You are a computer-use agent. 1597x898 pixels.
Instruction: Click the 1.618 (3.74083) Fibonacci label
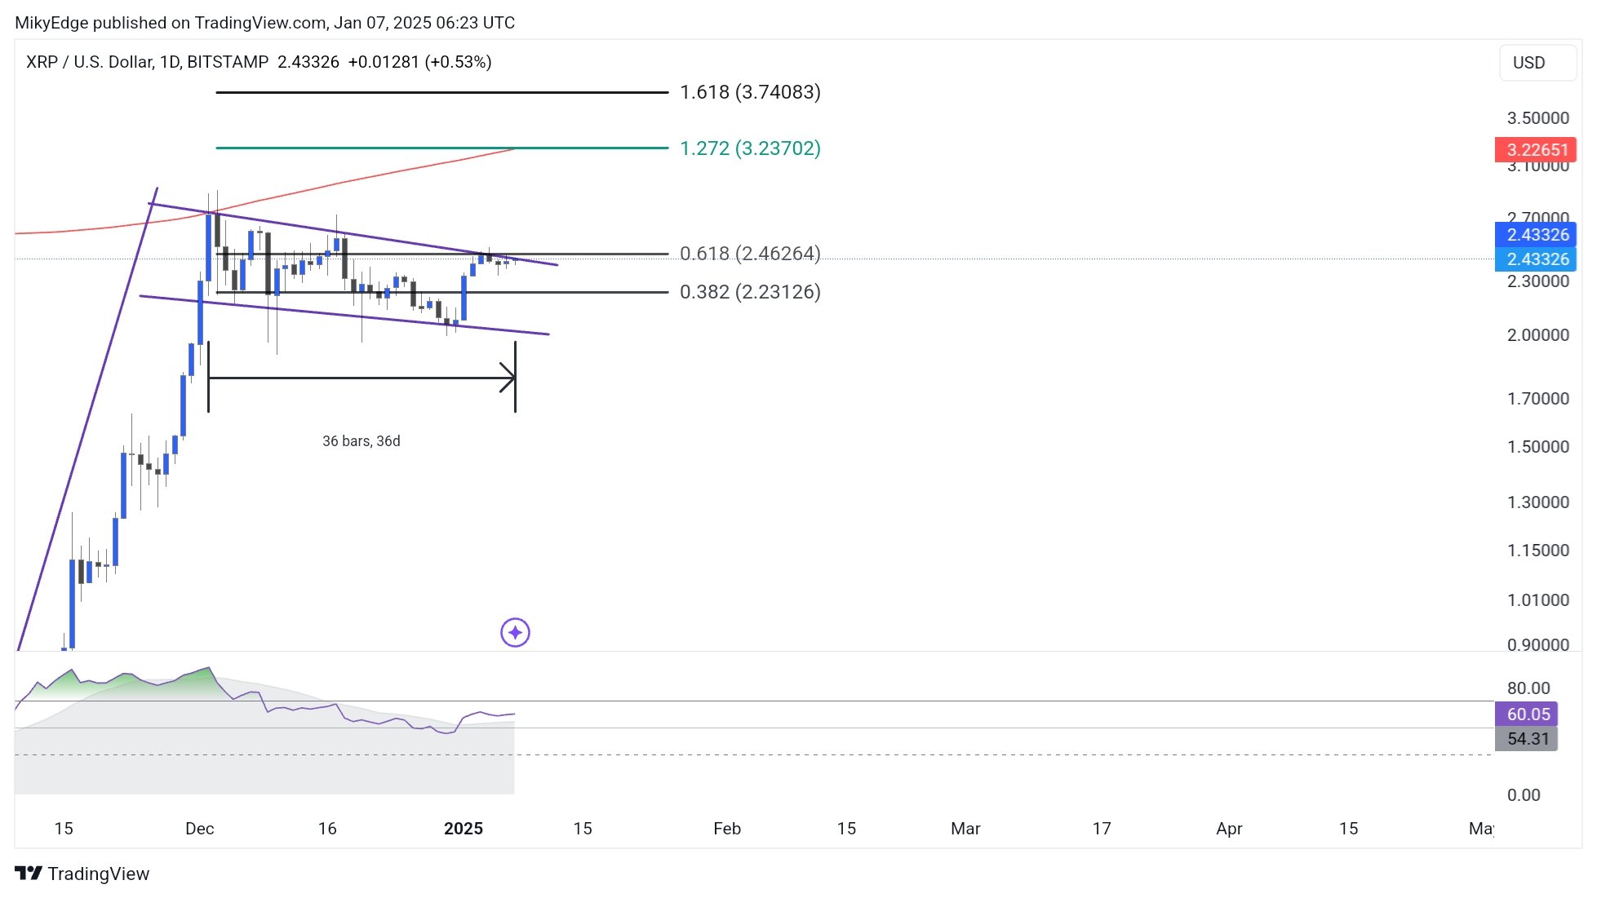click(750, 92)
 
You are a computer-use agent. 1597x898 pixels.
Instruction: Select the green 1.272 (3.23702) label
click(750, 148)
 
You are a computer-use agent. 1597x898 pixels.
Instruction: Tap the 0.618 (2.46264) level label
click(750, 254)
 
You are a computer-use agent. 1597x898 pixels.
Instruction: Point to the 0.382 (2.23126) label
click(750, 292)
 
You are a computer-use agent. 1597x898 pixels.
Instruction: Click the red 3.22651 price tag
click(1536, 150)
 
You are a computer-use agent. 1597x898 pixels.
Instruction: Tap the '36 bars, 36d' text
click(361, 441)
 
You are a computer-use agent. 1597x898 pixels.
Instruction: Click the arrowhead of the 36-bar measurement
click(510, 378)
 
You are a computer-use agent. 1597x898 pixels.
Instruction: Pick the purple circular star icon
click(515, 633)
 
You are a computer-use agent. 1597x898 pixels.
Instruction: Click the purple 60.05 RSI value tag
click(1527, 714)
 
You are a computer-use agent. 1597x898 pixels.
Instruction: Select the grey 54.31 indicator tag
click(1527, 739)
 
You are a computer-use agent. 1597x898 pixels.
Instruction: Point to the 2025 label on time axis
click(463, 829)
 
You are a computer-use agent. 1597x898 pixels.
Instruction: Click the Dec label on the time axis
click(199, 829)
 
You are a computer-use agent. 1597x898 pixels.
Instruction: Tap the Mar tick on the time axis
click(965, 829)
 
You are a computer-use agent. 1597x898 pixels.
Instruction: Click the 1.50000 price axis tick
click(1537, 447)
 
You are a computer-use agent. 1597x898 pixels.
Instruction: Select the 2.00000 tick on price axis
click(1537, 335)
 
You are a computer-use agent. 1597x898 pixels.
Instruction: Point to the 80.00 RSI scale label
click(1528, 688)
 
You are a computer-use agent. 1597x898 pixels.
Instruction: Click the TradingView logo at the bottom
click(82, 874)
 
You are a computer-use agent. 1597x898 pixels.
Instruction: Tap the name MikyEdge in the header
click(51, 23)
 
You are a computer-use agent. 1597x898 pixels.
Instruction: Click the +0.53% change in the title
click(458, 62)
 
